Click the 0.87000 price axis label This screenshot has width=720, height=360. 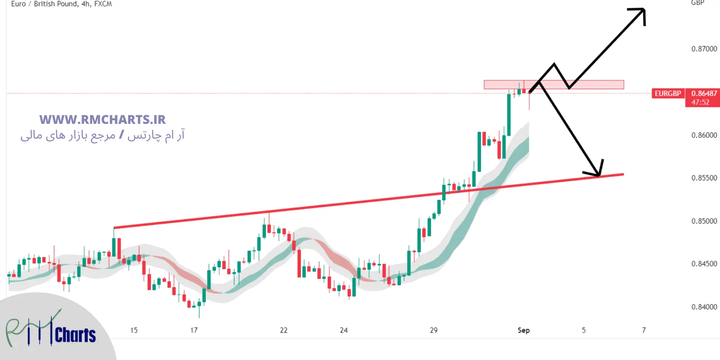[704, 49]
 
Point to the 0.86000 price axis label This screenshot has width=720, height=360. [704, 135]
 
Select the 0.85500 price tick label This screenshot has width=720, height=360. [704, 178]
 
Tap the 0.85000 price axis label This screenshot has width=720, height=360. [704, 221]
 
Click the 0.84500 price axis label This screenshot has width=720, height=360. [704, 264]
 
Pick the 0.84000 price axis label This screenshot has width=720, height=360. [704, 307]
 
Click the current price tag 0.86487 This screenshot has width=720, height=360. [704, 94]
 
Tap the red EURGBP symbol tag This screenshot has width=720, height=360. [668, 94]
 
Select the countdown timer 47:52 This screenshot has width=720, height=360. [700, 102]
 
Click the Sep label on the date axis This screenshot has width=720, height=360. [523, 330]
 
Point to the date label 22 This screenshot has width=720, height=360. [284, 330]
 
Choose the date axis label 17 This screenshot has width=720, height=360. [194, 330]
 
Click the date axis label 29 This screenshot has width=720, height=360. [434, 330]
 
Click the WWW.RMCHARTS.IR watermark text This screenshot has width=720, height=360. [103, 120]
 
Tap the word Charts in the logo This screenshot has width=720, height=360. [75, 335]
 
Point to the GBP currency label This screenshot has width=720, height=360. [697, 3]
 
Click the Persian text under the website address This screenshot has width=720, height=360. [103, 135]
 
